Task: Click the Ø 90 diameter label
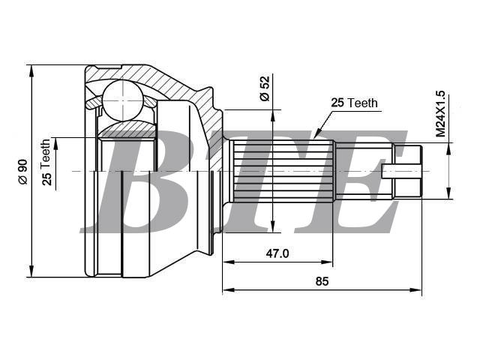(x=23, y=172)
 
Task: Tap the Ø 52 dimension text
(x=265, y=88)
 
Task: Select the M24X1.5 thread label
(x=440, y=113)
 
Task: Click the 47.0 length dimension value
(x=277, y=253)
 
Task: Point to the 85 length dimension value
(x=322, y=281)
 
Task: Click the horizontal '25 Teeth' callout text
(x=355, y=103)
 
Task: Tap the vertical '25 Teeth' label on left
(x=46, y=162)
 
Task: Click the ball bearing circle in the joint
(x=123, y=100)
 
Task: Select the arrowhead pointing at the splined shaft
(x=318, y=132)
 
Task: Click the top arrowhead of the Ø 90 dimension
(x=31, y=71)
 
